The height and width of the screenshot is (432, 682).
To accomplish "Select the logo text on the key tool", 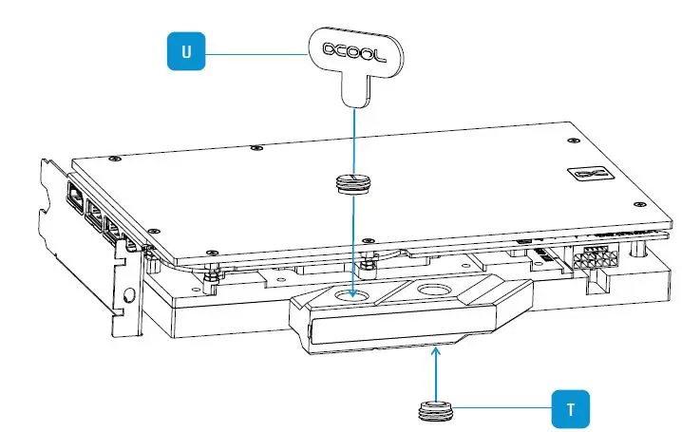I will point(352,52).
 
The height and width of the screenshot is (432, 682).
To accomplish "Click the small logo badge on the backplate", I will point(580,175).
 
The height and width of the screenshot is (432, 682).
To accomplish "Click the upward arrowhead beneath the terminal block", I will point(435,352).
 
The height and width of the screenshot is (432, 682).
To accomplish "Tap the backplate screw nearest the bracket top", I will point(115,159).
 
